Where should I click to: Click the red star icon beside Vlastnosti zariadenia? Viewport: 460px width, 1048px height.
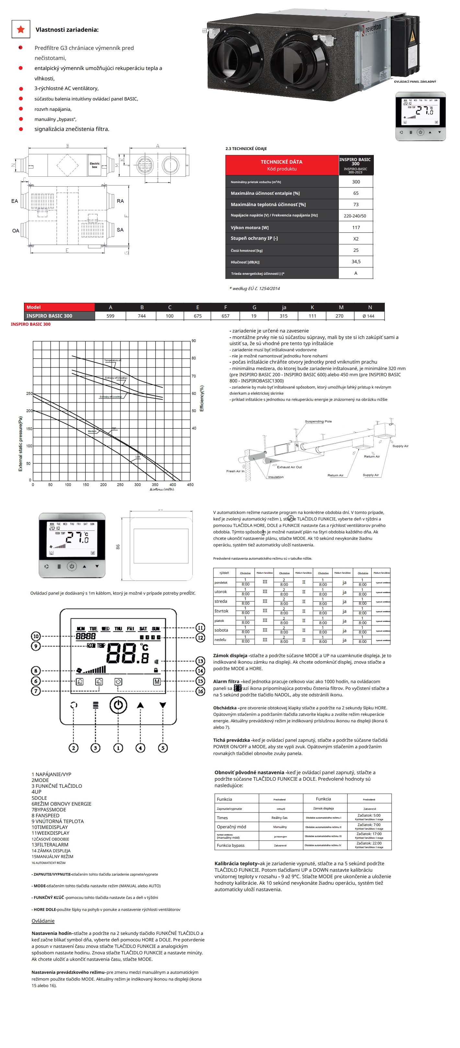[21, 29]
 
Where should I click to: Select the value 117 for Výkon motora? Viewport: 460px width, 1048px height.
[356, 227]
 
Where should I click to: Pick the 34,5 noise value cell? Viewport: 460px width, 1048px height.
[356, 262]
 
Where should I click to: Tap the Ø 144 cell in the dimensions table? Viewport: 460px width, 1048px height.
[368, 316]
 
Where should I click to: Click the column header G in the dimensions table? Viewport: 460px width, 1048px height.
[254, 308]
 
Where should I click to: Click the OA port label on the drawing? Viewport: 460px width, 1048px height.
[16, 231]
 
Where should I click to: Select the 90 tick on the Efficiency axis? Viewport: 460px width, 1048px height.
[194, 341]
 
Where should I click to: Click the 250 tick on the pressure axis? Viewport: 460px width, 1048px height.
[29, 393]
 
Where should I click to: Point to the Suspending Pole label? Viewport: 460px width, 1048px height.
[318, 422]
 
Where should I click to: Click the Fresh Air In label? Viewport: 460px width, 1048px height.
[235, 471]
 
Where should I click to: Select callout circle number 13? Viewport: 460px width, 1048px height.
[201, 661]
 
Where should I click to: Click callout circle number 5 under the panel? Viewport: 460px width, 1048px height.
[163, 748]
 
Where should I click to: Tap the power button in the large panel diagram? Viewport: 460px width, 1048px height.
[118, 705]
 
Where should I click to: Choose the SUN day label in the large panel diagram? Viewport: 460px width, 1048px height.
[155, 629]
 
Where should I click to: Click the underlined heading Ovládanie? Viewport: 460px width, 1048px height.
[43, 921]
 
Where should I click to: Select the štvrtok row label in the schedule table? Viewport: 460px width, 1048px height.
[221, 611]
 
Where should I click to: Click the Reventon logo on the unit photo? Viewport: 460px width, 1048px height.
[373, 29]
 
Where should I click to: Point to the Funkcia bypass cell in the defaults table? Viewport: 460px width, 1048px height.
[231, 845]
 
